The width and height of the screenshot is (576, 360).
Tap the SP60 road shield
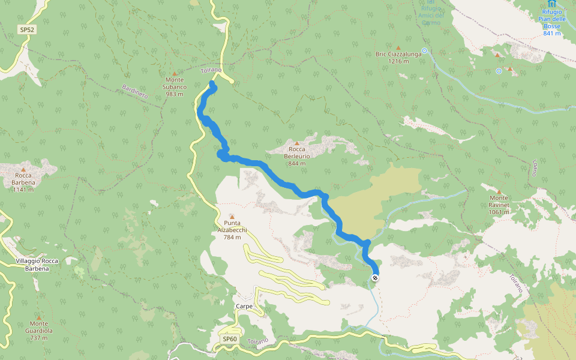point(230,339)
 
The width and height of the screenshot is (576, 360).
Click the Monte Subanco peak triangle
point(175,73)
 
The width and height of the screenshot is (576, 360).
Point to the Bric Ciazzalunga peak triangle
point(398,47)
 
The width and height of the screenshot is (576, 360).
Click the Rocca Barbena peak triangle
point(23,169)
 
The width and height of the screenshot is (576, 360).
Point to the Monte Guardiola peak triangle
point(40,317)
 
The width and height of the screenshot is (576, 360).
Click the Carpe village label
point(244,306)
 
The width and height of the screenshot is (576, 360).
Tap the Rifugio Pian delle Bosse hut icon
point(551,4)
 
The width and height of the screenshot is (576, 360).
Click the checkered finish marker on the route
point(374,278)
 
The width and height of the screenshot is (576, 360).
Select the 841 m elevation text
point(551,33)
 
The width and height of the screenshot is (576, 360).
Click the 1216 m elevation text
point(398,61)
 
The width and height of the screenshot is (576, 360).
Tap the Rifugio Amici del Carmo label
point(430,14)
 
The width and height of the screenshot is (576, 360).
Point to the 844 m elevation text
point(296,163)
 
